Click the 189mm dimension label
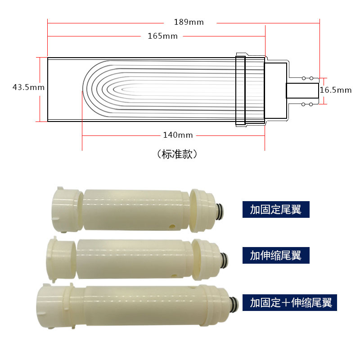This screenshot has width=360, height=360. click(189, 22)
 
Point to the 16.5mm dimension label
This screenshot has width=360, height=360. click(336, 90)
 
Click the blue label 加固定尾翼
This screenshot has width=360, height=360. click(276, 209)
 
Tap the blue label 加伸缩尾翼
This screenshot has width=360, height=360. click(276, 256)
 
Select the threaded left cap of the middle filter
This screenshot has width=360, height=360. click(61, 260)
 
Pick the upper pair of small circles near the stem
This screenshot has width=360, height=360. click(307, 78)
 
